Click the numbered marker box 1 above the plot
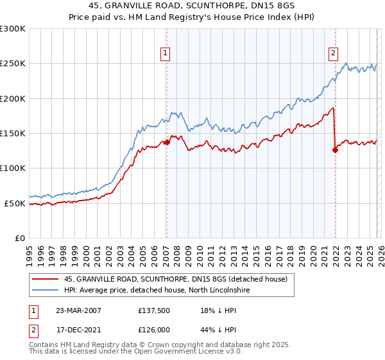[x=166, y=53]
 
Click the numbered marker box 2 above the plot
[x=334, y=53]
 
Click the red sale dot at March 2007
[x=167, y=142]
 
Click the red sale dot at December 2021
[x=335, y=150]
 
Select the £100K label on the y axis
[x=13, y=168]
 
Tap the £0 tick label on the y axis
[x=19, y=239]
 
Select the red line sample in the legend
[x=45, y=279]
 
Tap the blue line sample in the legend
[x=45, y=290]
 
